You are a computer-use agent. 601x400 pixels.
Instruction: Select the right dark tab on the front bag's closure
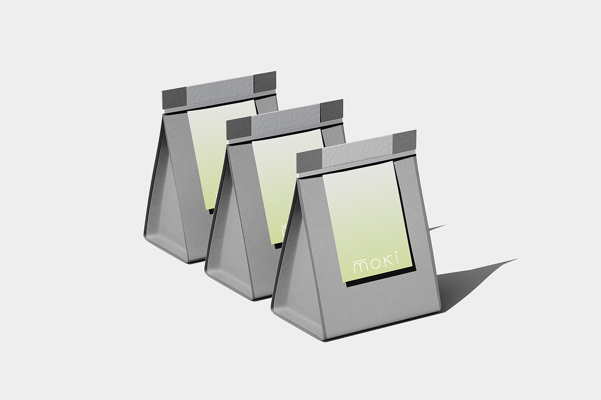click(x=404, y=142)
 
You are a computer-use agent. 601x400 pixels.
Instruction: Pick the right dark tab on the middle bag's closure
click(x=331, y=110)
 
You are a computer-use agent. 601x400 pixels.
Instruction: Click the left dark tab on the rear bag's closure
click(x=174, y=98)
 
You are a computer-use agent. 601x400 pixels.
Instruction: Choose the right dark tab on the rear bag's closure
click(x=264, y=81)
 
